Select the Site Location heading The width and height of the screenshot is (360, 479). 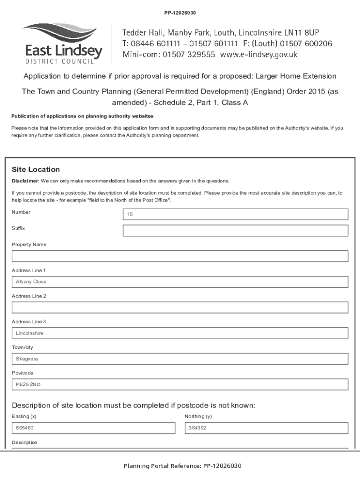point(36,169)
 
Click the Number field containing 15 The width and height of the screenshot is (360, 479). point(235,214)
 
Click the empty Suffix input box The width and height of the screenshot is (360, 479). point(235,231)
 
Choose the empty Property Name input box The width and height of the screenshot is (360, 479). point(180,256)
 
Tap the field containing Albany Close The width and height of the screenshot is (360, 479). point(180,282)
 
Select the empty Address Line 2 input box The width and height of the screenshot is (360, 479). point(180,307)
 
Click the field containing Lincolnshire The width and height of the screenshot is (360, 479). point(180,333)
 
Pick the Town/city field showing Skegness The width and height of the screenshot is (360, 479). point(180,359)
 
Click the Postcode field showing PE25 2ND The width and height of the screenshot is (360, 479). point(180,385)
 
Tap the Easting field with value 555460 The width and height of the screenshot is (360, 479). point(94,428)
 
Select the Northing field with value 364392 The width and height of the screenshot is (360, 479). point(266,428)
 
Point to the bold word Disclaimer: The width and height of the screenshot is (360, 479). point(25,181)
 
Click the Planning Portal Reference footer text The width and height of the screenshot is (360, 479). point(182,466)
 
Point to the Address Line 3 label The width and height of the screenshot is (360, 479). point(29,322)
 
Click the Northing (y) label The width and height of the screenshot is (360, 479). point(198,416)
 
